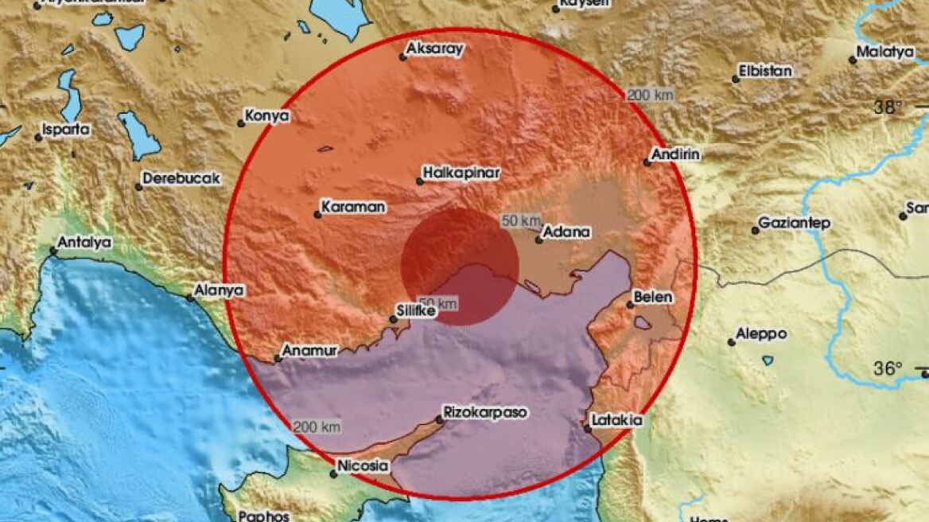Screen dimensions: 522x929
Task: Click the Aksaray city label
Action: tap(434, 49)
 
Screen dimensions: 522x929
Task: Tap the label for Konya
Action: tap(268, 116)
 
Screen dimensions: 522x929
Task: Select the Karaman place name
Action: tap(354, 207)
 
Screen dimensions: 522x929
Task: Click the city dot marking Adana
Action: tap(538, 239)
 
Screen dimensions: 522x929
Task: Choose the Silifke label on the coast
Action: tap(417, 313)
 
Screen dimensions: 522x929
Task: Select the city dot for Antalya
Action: tap(53, 251)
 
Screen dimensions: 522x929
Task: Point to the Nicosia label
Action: tap(363, 466)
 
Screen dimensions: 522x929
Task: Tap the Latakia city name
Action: tap(617, 420)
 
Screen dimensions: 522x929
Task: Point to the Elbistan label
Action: tap(765, 71)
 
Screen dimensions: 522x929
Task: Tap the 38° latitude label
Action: tap(888, 108)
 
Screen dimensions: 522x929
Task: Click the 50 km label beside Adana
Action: tap(521, 220)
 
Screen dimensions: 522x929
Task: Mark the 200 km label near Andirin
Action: tap(651, 95)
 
